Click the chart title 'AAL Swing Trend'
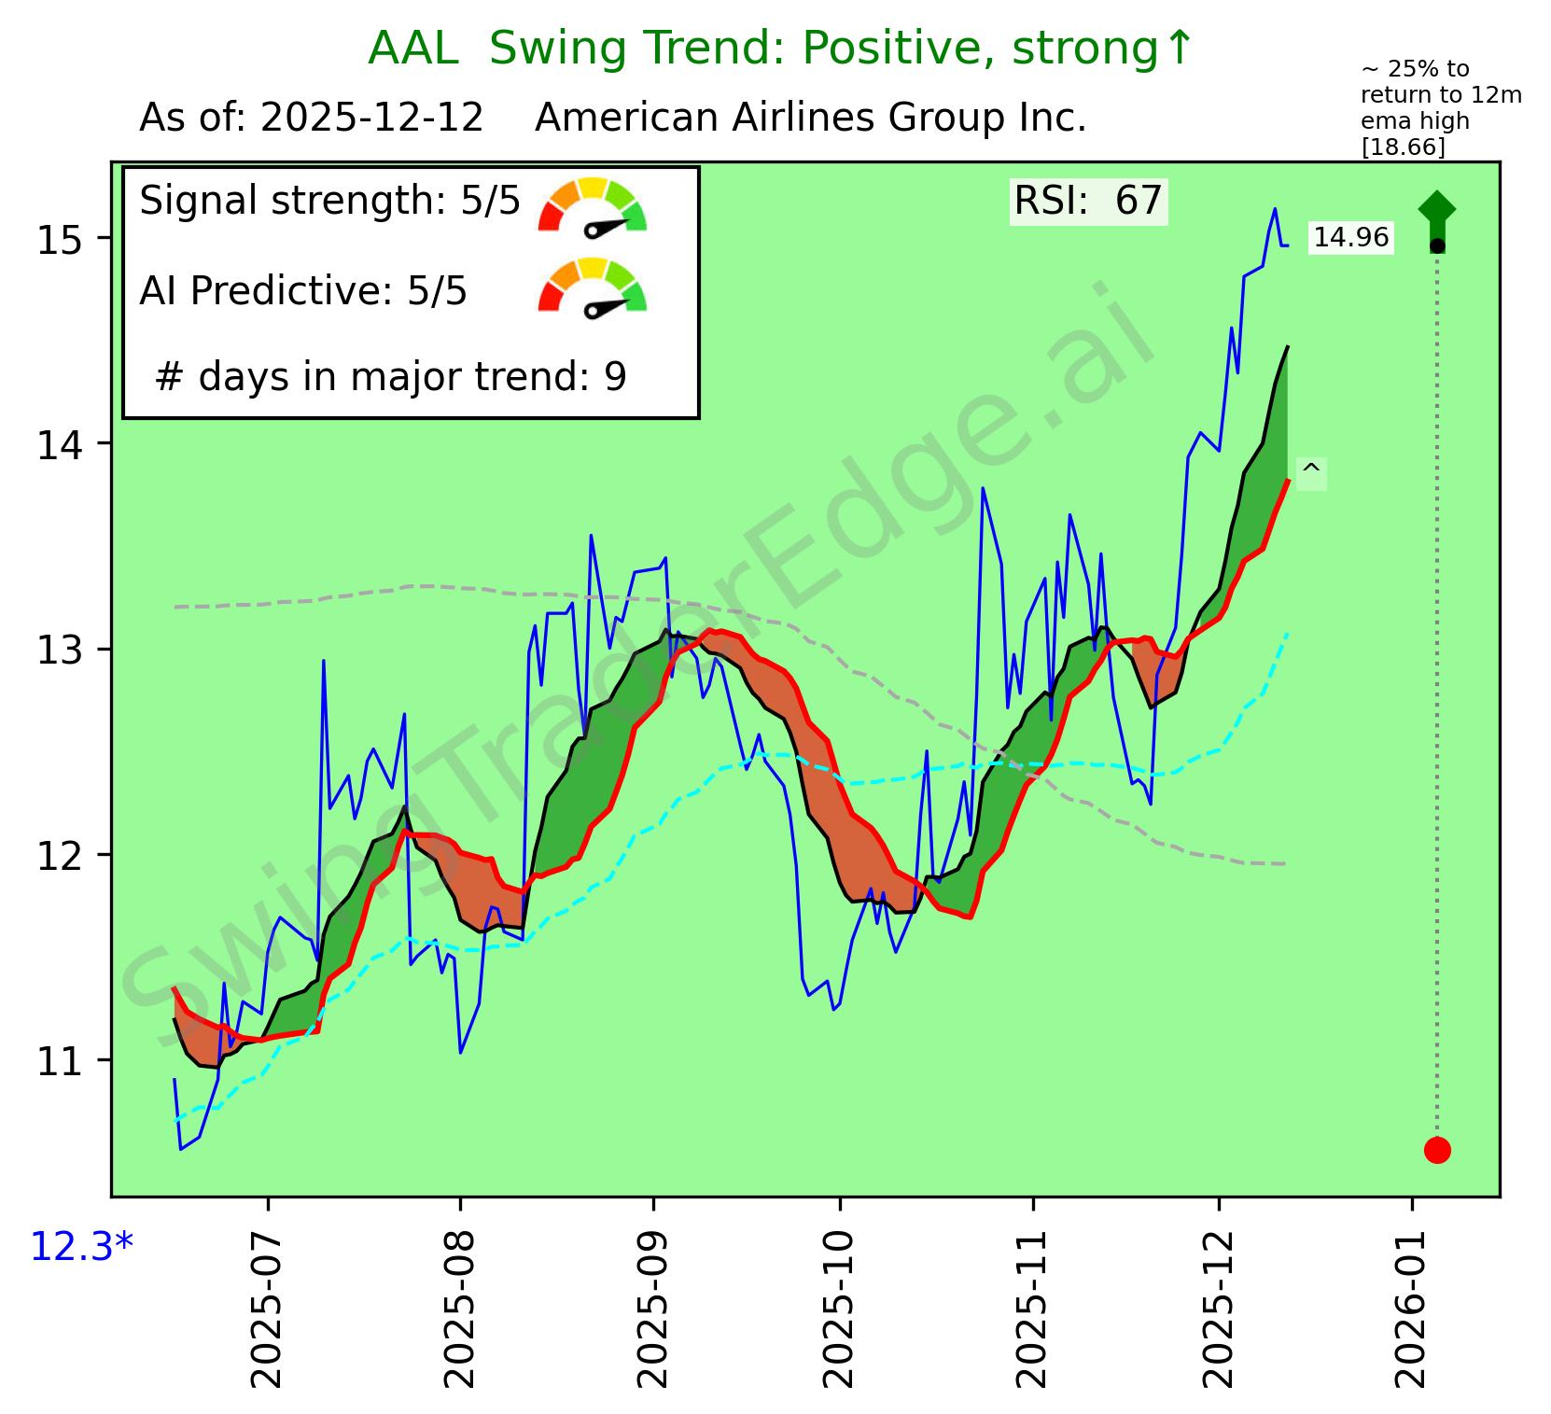click(780, 49)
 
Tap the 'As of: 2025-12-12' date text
click(311, 119)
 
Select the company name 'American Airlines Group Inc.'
click(810, 119)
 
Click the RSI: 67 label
click(1088, 201)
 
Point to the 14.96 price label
click(1350, 238)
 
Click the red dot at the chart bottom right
click(1436, 1150)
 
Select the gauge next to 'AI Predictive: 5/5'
click(593, 287)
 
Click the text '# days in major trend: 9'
click(390, 377)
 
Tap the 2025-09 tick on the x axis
click(652, 1307)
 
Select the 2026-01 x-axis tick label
click(1413, 1307)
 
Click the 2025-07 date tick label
click(268, 1307)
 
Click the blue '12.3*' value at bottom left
click(82, 1246)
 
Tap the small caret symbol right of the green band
click(1310, 472)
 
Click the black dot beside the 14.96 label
click(1437, 245)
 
